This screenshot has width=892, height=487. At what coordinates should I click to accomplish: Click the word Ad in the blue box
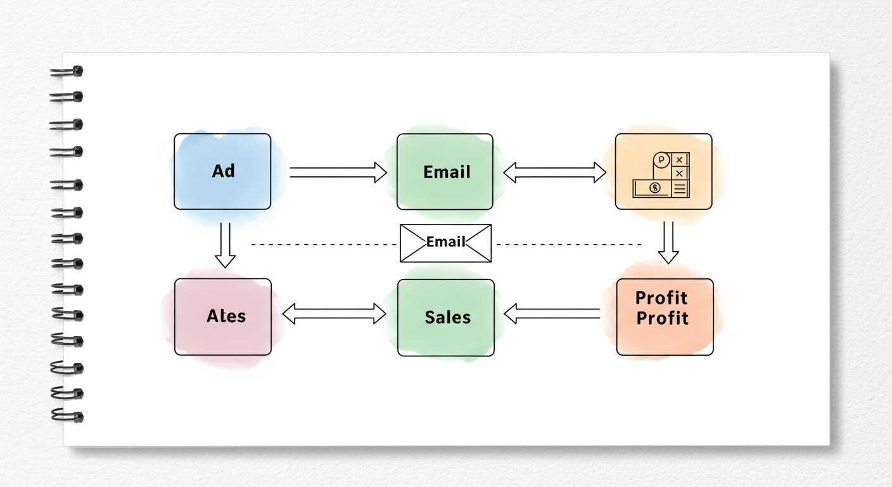223,171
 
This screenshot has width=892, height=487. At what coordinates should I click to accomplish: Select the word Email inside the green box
447,172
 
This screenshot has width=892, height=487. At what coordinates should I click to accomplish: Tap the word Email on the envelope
446,242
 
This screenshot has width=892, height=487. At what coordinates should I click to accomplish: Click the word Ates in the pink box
226,316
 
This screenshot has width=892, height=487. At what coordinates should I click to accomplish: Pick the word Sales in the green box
447,317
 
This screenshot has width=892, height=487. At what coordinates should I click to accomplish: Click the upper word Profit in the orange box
661,297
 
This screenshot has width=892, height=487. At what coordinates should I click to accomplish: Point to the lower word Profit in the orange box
662,318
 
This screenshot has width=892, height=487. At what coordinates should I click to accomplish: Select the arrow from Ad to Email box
338,172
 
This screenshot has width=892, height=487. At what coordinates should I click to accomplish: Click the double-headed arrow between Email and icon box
554,172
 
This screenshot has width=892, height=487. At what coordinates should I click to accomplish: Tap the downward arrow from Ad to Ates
225,245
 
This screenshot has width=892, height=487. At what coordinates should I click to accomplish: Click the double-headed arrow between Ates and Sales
334,313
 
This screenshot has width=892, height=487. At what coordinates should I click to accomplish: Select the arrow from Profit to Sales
552,313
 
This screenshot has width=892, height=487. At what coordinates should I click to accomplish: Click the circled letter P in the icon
661,160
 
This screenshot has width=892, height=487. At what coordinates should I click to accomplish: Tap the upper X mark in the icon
680,160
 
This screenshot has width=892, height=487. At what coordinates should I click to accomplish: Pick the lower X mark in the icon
680,173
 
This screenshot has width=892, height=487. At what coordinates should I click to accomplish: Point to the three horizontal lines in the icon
680,188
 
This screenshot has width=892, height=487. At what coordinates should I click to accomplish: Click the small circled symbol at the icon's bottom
655,188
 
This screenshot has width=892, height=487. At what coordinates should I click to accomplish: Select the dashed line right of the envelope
568,244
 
